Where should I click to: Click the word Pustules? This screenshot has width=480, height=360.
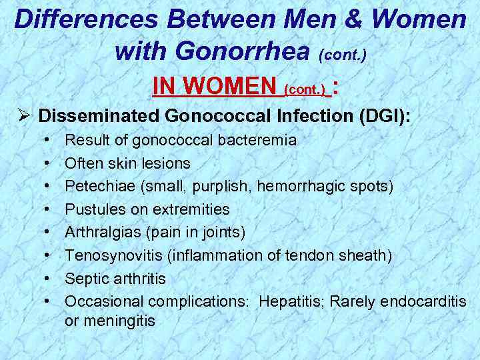coord(91,209)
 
